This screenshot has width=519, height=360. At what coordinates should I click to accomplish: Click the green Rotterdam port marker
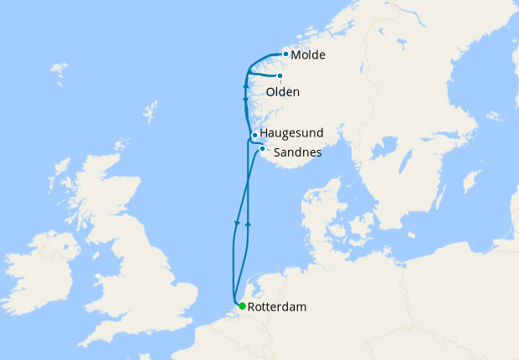click(x=242, y=306)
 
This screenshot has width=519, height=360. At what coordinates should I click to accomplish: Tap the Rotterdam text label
click(x=277, y=307)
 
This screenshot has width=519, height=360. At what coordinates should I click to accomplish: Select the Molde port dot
click(x=285, y=54)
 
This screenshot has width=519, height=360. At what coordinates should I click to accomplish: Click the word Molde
click(x=308, y=55)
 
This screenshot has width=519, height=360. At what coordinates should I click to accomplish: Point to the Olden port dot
click(x=280, y=75)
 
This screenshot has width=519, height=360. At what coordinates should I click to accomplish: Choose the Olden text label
click(x=282, y=91)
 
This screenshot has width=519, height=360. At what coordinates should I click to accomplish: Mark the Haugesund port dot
click(x=254, y=135)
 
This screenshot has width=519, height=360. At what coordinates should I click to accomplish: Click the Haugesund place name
click(x=291, y=133)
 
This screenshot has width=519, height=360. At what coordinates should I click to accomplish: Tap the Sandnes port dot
click(x=262, y=149)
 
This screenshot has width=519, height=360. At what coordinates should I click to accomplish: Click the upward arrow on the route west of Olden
click(x=245, y=85)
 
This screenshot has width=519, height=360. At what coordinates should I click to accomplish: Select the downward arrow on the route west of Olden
click(x=244, y=100)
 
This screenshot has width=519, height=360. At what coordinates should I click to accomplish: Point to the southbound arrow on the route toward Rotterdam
click(x=238, y=223)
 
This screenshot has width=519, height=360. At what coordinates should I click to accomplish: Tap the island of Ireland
click(x=46, y=264)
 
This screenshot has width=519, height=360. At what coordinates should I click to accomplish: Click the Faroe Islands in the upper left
click(x=59, y=72)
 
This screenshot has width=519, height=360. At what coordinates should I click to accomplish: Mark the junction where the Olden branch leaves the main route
click(x=248, y=72)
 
